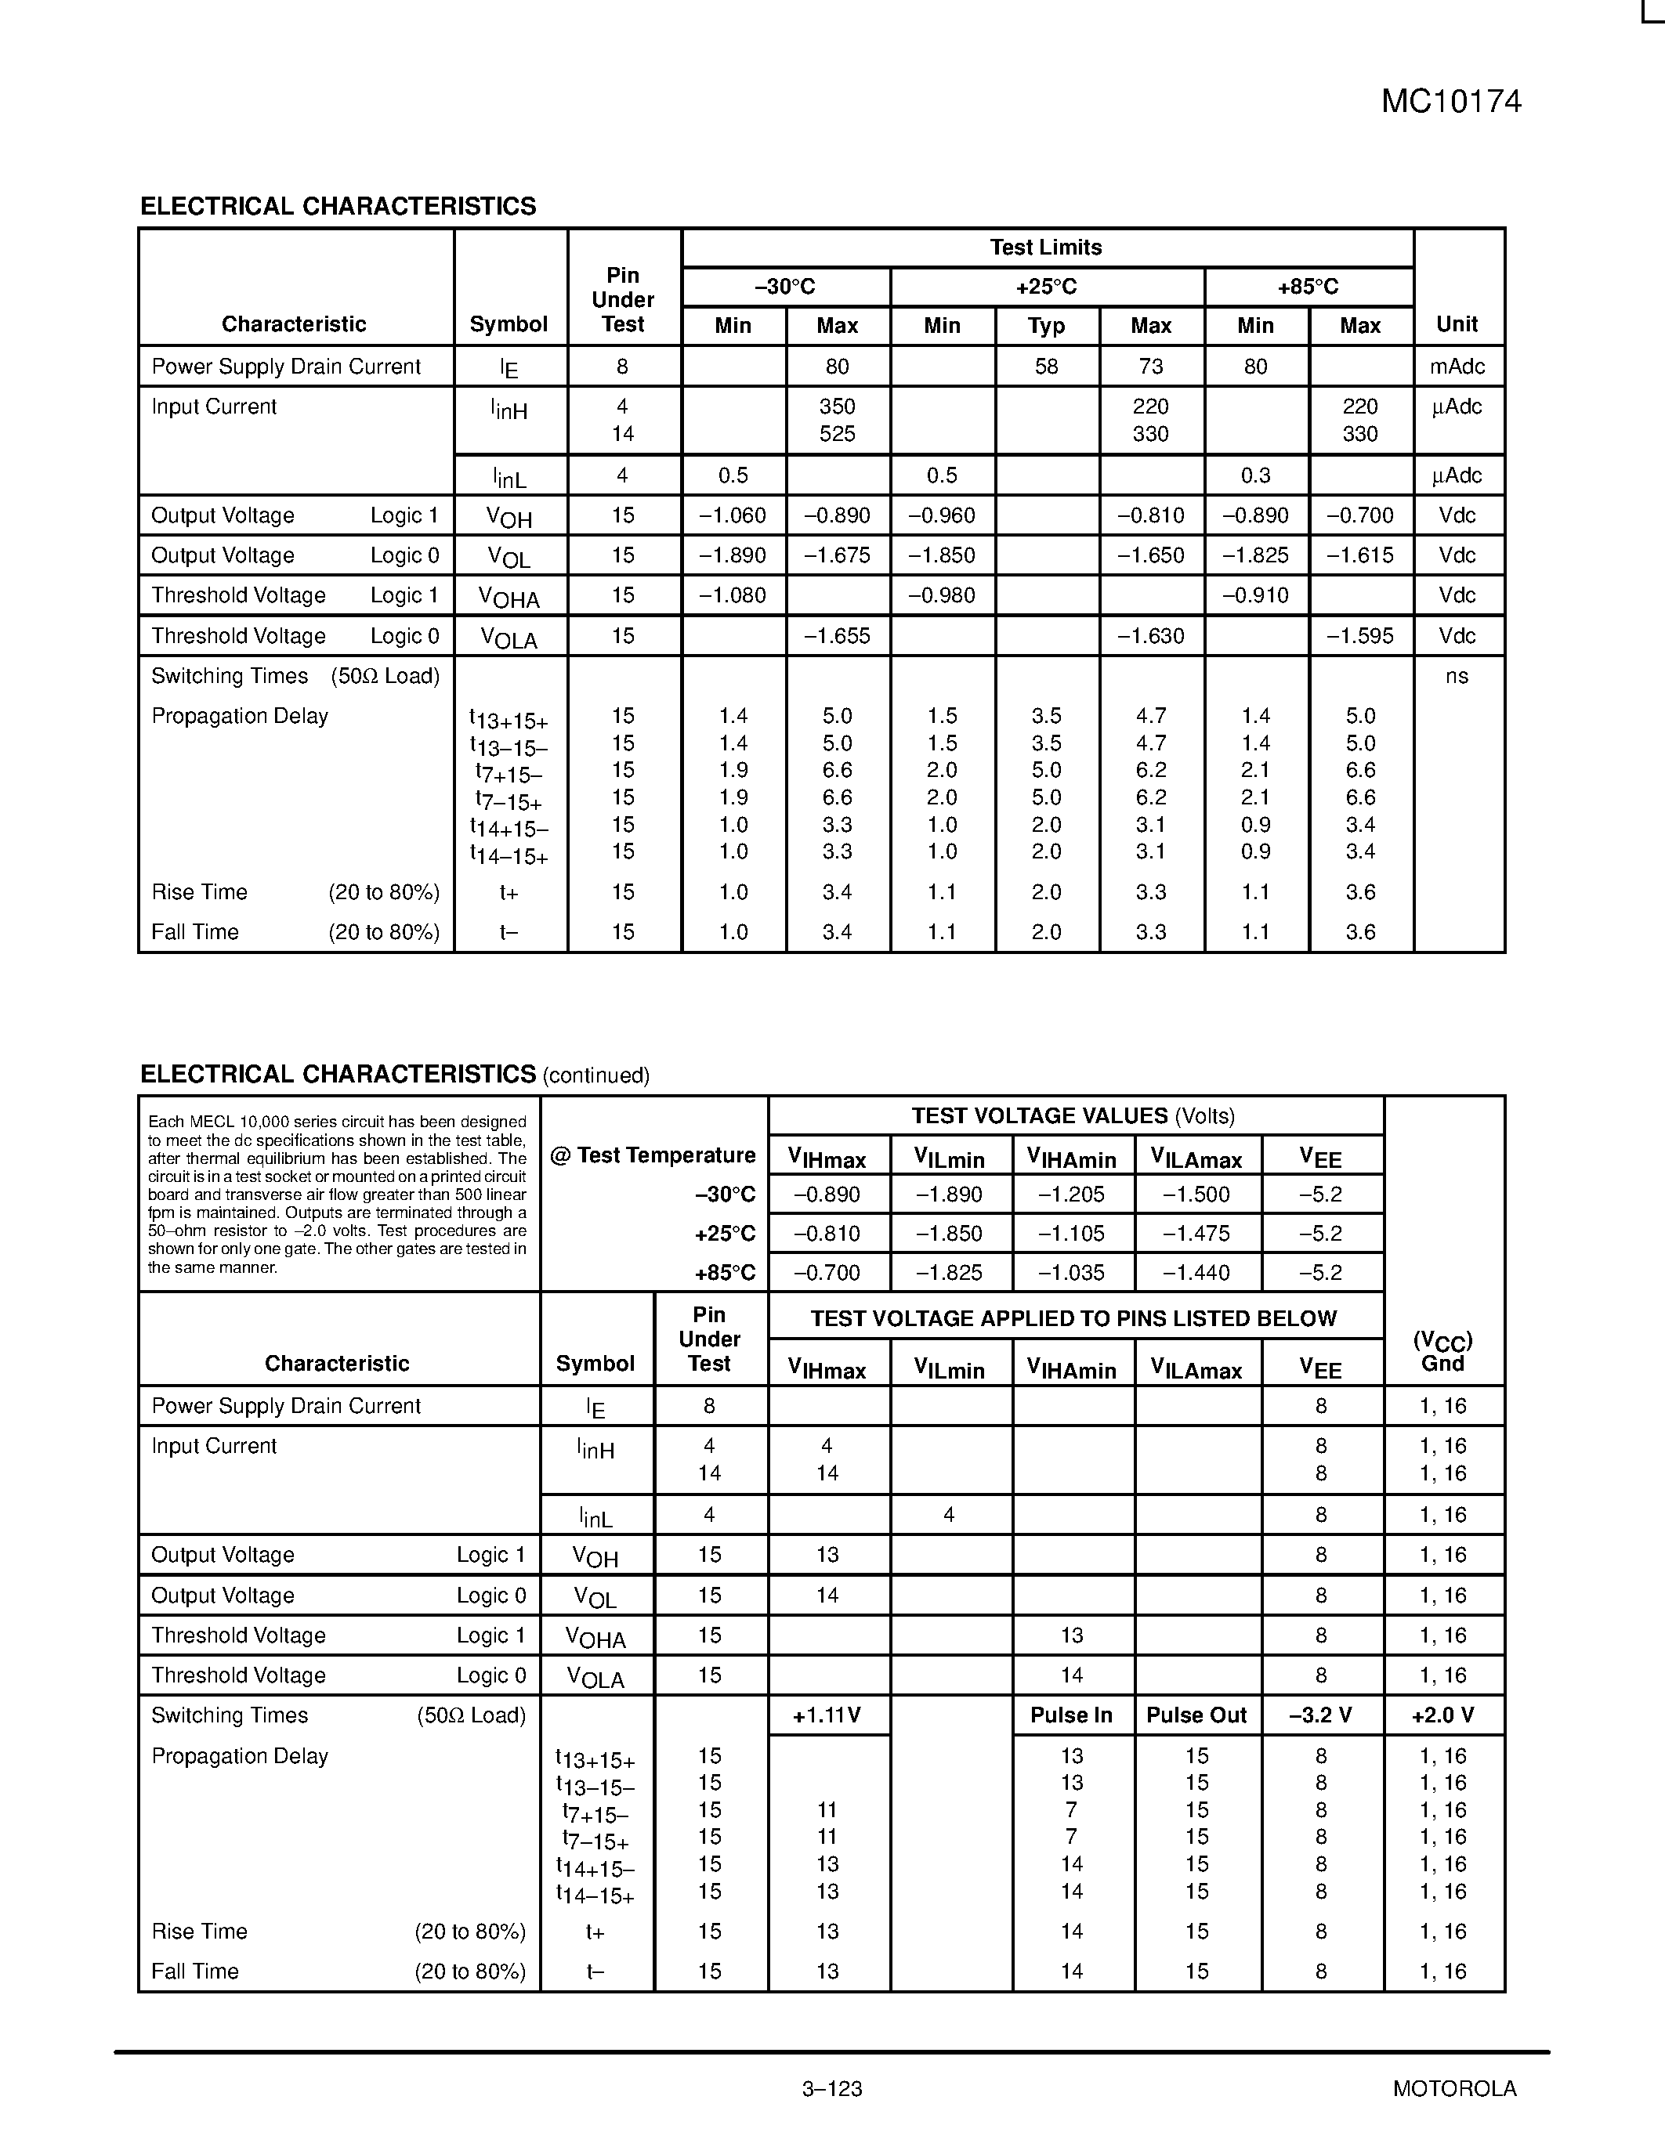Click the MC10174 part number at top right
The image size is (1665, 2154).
1450,102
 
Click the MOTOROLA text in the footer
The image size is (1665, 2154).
1454,2088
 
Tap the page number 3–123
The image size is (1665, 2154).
831,2088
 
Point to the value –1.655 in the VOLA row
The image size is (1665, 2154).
837,636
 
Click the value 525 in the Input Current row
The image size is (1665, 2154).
837,434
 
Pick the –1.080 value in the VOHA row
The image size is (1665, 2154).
732,596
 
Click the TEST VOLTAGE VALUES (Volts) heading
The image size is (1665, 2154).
1073,1115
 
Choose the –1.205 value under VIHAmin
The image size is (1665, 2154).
1071,1194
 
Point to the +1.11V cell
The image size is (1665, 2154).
827,1715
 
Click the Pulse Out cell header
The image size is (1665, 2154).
1196,1715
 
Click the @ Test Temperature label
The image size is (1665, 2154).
652,1155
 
